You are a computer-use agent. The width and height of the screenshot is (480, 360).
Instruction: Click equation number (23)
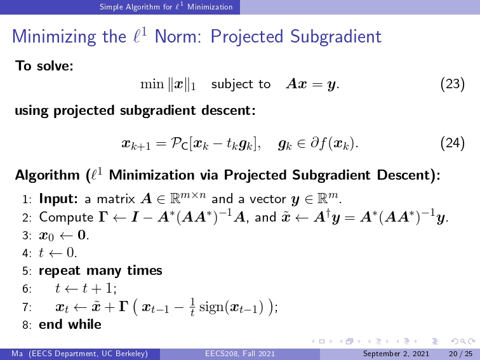coord(453,84)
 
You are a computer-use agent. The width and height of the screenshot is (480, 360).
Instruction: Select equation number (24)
coord(453,143)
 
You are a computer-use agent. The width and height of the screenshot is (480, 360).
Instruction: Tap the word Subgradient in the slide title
coord(336,37)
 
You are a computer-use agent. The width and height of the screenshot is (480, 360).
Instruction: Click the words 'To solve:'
coord(44,65)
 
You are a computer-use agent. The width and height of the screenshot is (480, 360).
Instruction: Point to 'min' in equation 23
coord(152,84)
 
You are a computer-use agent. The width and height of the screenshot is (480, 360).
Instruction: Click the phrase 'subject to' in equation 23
coord(241,84)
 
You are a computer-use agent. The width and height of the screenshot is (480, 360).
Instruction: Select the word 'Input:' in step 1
coord(58,199)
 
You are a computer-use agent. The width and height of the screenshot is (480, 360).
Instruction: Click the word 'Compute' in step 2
coord(66,218)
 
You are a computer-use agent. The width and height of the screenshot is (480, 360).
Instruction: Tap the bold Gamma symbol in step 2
coord(103,217)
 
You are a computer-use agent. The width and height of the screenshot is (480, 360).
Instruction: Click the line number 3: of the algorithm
coord(27,236)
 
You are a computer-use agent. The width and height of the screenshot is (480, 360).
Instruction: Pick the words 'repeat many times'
coord(101,271)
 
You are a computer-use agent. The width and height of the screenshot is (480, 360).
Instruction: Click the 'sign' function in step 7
coord(211,307)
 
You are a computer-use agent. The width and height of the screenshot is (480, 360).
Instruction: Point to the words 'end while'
coord(70,324)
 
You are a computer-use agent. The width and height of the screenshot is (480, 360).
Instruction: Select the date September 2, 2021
coord(396,354)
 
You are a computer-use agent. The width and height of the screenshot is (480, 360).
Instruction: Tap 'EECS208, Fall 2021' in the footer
coord(240,354)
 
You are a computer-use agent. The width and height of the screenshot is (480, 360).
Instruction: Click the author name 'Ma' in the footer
coord(17,354)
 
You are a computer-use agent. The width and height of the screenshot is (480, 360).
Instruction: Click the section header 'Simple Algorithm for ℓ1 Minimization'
coord(166,7)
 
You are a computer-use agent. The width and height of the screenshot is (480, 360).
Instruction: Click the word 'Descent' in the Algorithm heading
coord(404,175)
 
